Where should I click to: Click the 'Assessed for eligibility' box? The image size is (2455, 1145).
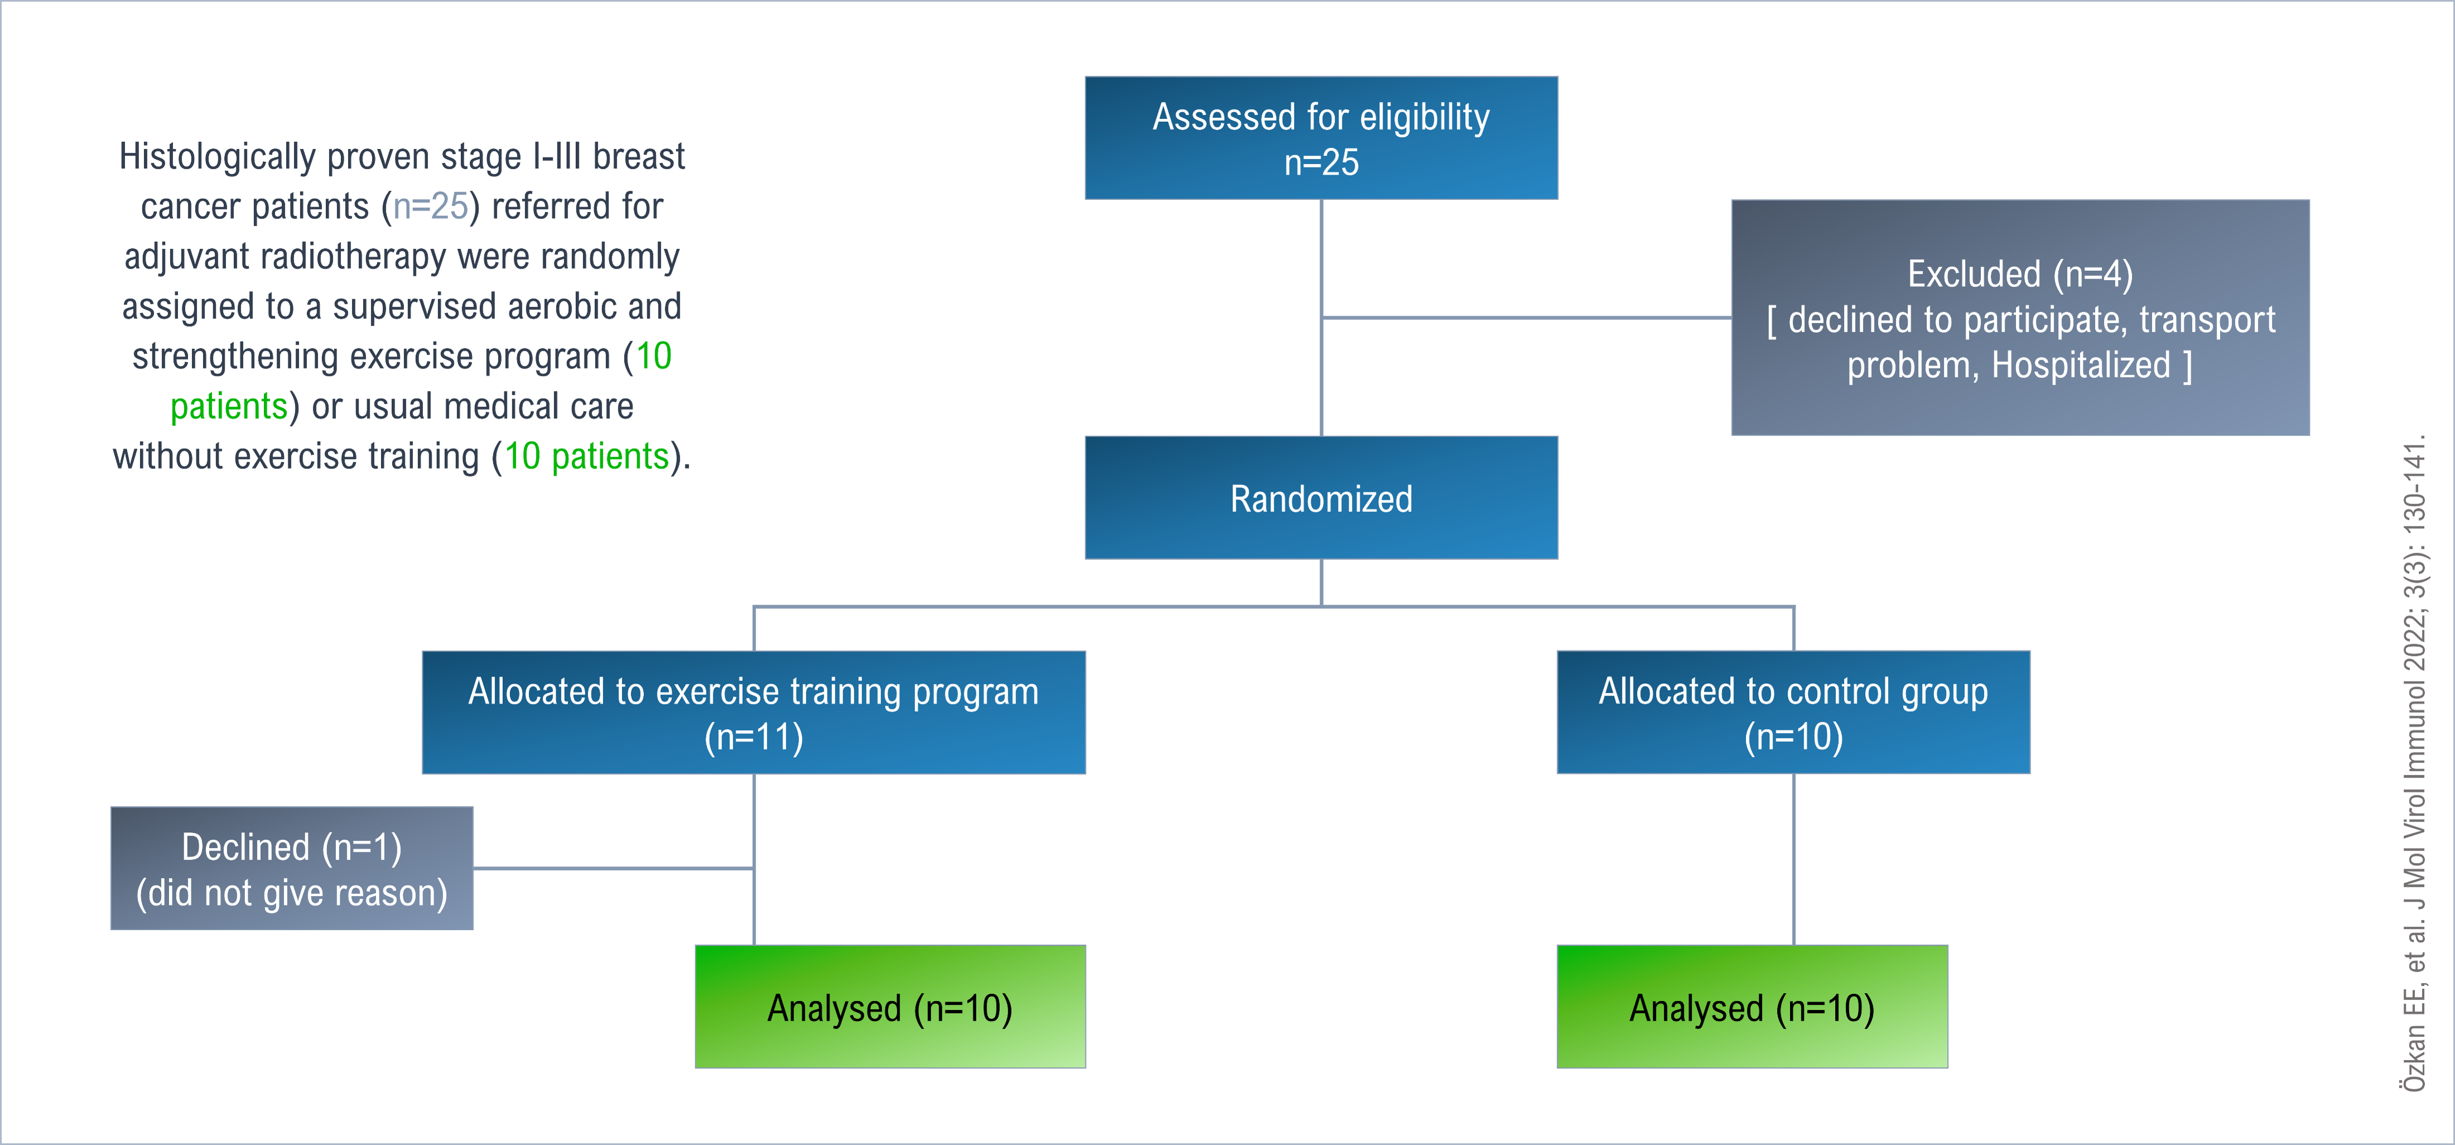(x=1321, y=138)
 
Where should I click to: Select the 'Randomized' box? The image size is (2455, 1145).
(x=1321, y=497)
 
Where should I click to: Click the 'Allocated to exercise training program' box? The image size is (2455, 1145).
(x=754, y=712)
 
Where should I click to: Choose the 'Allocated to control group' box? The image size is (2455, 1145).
(x=1794, y=712)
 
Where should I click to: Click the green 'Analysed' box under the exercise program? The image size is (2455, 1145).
(x=890, y=1007)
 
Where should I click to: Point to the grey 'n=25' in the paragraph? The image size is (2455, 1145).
(x=431, y=206)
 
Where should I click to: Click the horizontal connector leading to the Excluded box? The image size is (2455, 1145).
(x=1527, y=318)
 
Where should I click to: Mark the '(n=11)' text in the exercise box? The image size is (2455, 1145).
(x=754, y=737)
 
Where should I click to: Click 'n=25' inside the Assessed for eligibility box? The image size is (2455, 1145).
(x=1321, y=163)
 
